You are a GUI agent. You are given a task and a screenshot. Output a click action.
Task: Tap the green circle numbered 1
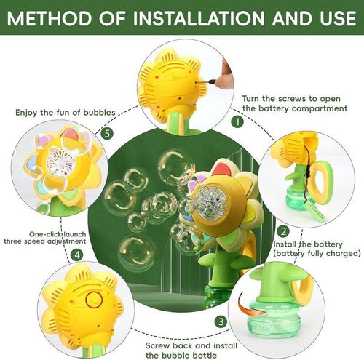click(237, 121)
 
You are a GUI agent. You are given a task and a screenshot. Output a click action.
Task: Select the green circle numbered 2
click(282, 231)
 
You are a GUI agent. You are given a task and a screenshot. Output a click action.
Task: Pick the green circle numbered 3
click(220, 321)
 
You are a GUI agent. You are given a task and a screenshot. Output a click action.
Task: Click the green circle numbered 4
click(76, 255)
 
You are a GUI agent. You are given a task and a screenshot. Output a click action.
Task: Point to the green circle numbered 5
click(108, 134)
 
